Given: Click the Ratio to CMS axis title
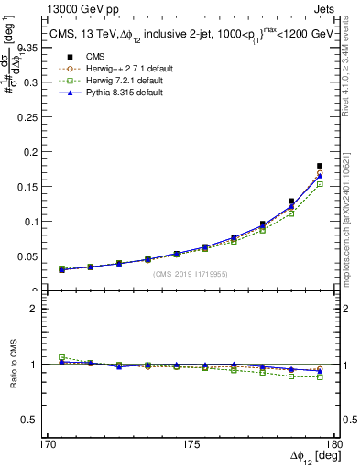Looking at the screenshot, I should tap(13, 364).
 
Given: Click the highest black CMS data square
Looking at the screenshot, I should tap(320, 166).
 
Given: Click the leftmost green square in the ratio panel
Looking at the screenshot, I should tap(61, 357).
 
